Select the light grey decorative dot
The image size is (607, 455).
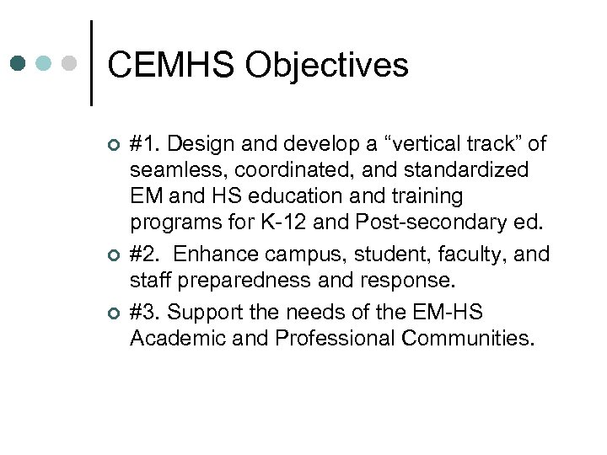point(70,63)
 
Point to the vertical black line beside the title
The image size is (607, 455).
point(91,63)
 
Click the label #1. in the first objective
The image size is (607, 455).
point(145,143)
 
